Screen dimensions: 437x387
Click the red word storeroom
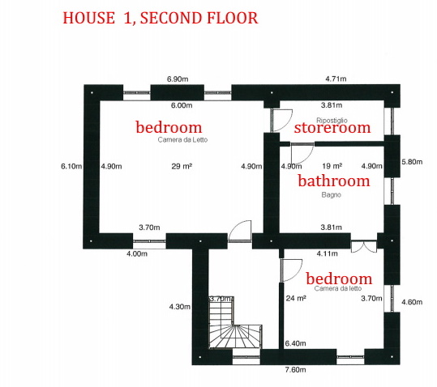tap(332, 128)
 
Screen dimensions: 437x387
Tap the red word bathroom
tap(334, 181)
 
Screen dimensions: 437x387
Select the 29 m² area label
tap(182, 166)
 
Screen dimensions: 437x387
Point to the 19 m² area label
tap(332, 166)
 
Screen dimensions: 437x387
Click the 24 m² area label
tap(296, 298)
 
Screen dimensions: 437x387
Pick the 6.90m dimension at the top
tap(178, 79)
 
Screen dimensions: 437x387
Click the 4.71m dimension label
tap(336, 79)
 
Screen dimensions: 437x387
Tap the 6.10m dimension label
tap(71, 166)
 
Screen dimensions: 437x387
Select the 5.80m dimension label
tap(412, 162)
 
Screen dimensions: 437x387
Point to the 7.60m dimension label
tap(295, 370)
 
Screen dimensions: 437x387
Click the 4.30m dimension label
tap(180, 307)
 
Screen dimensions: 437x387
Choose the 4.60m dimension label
tap(412, 302)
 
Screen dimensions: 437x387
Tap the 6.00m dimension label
tap(182, 105)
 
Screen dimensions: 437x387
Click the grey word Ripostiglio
tap(332, 121)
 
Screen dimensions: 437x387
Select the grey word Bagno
tap(332, 195)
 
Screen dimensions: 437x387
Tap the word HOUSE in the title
tap(89, 18)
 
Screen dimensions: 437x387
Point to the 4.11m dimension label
tap(328, 253)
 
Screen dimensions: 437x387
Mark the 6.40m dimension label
tap(295, 343)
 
